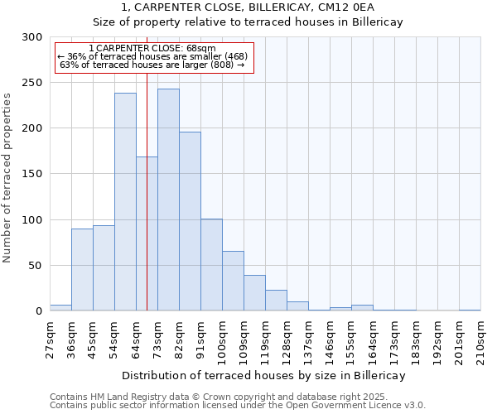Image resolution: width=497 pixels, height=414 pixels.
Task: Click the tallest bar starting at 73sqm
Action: pos(168,200)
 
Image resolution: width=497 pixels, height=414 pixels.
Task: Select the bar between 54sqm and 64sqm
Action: pos(125,202)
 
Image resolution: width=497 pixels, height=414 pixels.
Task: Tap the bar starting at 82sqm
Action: pos(190,221)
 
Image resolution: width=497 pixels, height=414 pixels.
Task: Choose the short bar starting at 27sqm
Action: pos(60,308)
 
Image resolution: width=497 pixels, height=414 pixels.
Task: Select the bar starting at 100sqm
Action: pos(233,281)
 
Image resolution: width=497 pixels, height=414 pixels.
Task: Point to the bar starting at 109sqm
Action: pos(254,293)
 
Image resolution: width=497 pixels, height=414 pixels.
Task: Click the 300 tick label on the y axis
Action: pos(32,37)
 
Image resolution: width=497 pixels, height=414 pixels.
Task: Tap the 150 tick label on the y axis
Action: pos(32,174)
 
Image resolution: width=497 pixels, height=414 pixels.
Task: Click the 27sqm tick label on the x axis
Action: pos(51,338)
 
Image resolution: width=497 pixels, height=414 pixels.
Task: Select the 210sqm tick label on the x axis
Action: pos(481,339)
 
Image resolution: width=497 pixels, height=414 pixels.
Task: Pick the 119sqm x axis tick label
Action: pos(266,339)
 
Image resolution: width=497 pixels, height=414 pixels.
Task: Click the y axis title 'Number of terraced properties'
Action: pos(8,177)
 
